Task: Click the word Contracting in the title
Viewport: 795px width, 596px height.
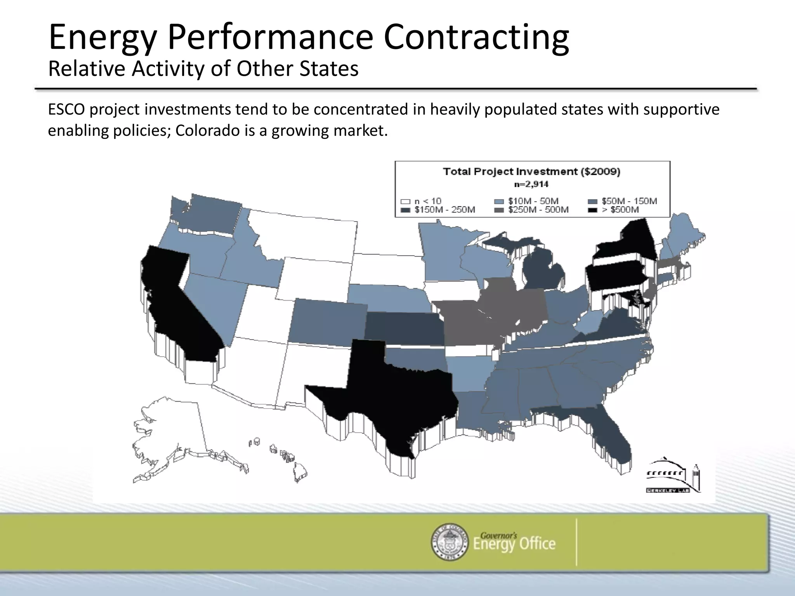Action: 476,38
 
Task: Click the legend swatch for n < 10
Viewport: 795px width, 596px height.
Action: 405,201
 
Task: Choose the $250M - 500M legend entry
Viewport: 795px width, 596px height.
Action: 538,210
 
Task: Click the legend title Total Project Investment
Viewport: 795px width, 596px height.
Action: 531,172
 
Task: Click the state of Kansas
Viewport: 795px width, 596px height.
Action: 404,328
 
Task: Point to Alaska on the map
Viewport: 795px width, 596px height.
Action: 171,431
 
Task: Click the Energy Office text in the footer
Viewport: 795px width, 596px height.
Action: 514,544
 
